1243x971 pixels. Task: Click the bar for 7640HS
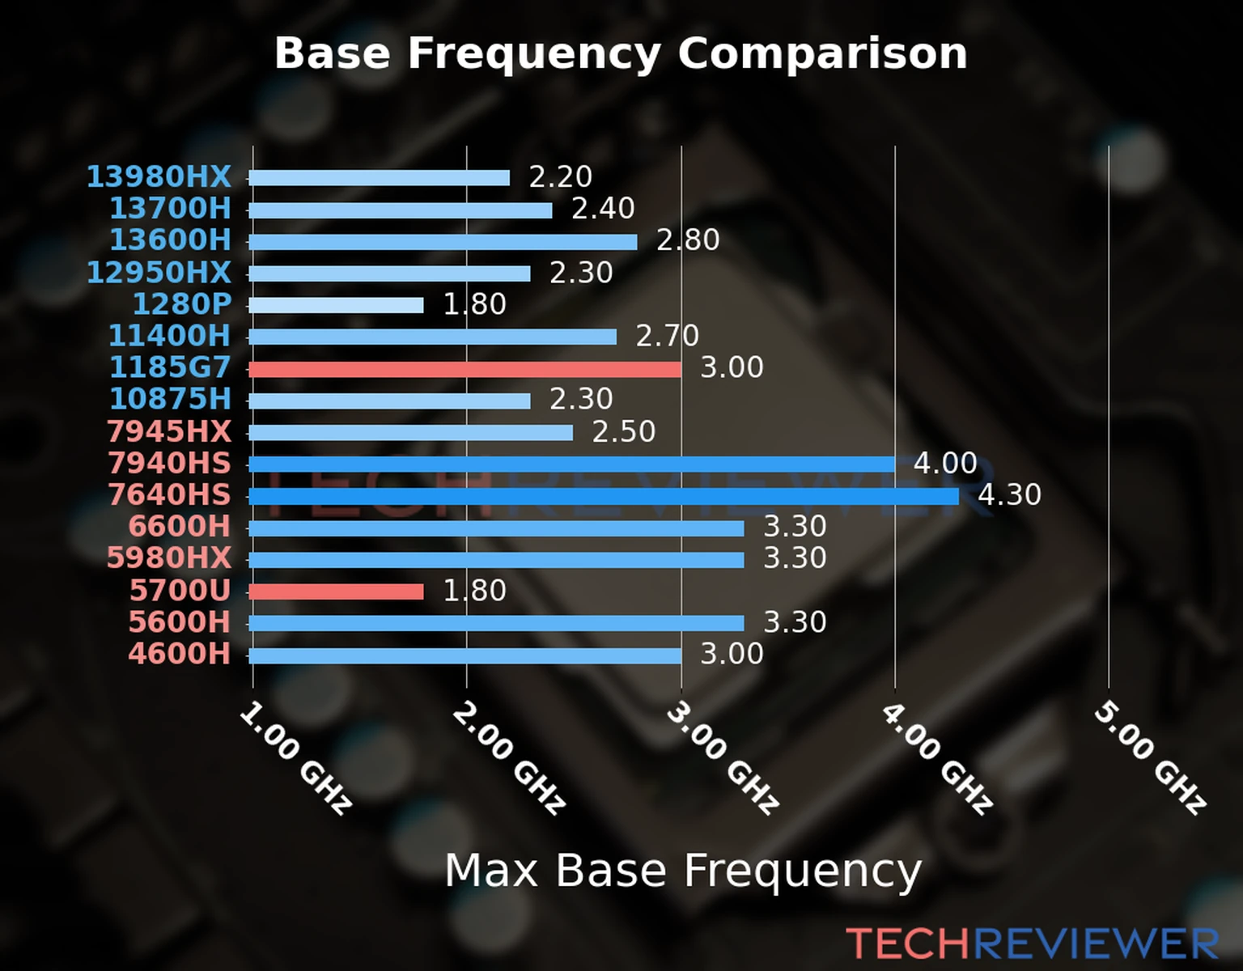tap(603, 496)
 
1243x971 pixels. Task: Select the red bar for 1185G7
tap(465, 369)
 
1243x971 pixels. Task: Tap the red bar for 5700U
tap(336, 592)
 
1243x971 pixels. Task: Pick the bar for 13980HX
tap(379, 178)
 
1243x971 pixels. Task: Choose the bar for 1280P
tap(336, 305)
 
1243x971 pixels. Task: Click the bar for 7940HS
tap(571, 464)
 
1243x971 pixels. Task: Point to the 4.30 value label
tap(1009, 494)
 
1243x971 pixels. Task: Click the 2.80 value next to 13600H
tap(687, 240)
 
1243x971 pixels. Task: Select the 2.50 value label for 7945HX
tap(623, 431)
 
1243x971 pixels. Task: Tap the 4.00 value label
tap(945, 463)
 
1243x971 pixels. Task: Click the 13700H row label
tap(170, 209)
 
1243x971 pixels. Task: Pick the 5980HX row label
tap(168, 558)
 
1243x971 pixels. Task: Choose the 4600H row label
tap(179, 654)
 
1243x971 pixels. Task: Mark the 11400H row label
tap(169, 336)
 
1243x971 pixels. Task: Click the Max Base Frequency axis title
tap(683, 871)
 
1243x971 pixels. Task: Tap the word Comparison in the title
tap(822, 53)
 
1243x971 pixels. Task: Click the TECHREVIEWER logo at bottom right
tap(1032, 943)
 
